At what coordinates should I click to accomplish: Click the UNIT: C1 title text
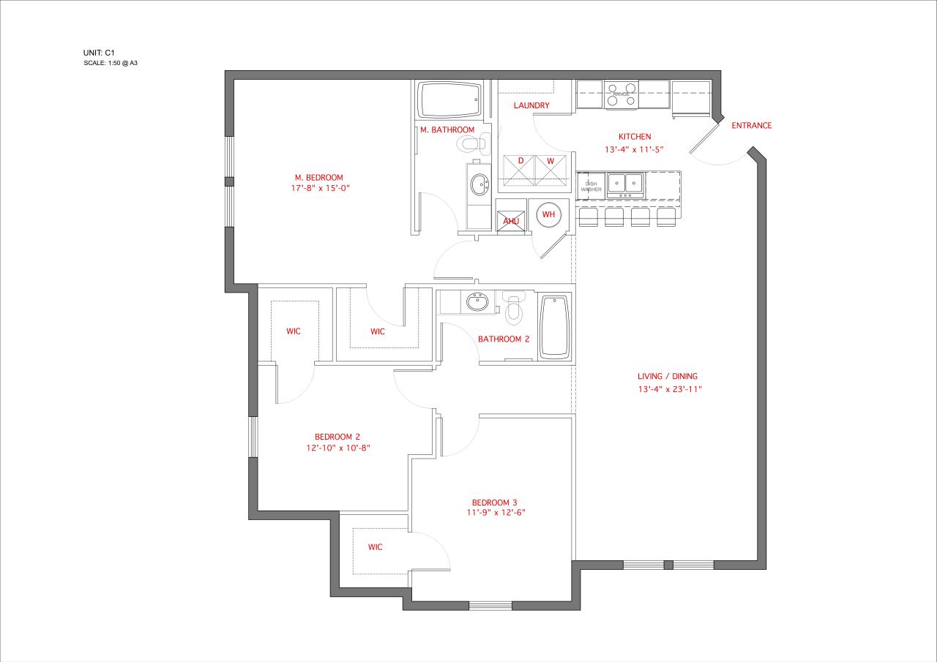(x=100, y=53)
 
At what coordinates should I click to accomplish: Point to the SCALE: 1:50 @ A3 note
(x=116, y=64)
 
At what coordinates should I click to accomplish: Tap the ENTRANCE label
(x=751, y=125)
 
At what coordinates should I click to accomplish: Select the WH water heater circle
(x=548, y=215)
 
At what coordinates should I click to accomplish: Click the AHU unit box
(x=510, y=221)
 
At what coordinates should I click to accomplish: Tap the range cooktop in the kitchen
(x=621, y=95)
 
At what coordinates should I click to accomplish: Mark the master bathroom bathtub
(x=449, y=100)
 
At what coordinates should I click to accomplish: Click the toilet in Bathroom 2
(x=513, y=309)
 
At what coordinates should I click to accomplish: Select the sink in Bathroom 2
(x=478, y=301)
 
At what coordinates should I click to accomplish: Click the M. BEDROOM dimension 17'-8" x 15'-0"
(x=318, y=188)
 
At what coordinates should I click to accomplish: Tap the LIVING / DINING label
(x=667, y=376)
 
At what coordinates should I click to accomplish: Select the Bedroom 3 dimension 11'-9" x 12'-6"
(x=494, y=513)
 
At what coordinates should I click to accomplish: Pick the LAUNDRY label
(x=531, y=105)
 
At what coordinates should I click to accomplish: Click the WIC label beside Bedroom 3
(x=375, y=546)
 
